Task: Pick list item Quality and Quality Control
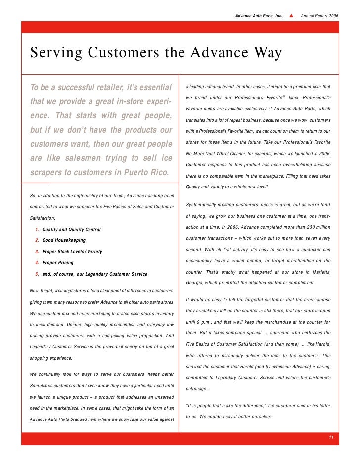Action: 71,230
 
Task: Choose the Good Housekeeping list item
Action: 64,240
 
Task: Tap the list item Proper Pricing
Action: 58,262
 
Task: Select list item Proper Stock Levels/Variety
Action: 72,252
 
